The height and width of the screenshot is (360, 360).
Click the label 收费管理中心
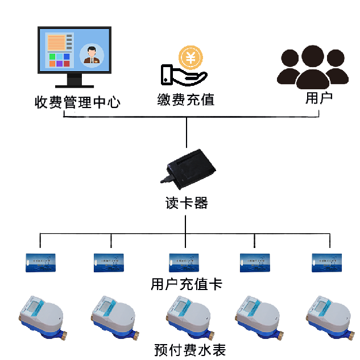point(77,103)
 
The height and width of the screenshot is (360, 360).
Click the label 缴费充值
point(186,100)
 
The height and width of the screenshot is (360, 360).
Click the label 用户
point(318,98)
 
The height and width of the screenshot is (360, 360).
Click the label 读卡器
point(186,203)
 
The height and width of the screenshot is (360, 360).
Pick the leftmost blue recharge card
point(40,262)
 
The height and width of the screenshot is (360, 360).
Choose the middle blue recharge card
point(184,262)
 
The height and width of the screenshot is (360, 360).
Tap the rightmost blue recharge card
point(328,262)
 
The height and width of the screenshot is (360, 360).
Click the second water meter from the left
point(113,316)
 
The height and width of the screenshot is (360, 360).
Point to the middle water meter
point(186,316)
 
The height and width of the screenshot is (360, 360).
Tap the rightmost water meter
point(328,316)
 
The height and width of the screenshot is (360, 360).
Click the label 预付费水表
point(186,348)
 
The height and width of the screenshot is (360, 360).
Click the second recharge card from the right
point(255,262)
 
